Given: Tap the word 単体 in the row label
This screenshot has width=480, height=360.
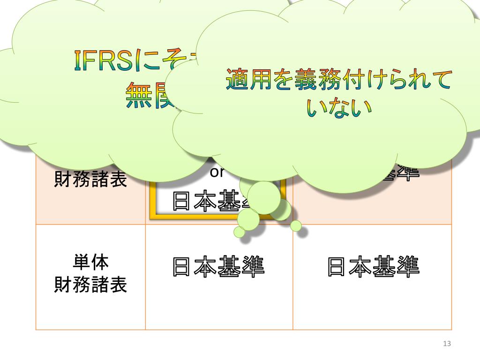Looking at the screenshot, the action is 91,262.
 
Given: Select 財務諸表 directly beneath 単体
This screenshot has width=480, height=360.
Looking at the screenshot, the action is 91,285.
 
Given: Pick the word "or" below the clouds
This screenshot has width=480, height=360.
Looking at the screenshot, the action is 217,172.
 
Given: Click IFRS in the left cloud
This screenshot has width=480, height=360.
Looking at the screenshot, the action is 103,61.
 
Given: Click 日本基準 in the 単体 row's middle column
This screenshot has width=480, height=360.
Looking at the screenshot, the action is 218,266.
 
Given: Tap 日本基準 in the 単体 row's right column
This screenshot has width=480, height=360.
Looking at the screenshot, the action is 373,266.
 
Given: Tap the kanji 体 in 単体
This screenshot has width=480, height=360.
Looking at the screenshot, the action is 100,262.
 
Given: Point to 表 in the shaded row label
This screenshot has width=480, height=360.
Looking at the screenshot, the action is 119,179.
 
